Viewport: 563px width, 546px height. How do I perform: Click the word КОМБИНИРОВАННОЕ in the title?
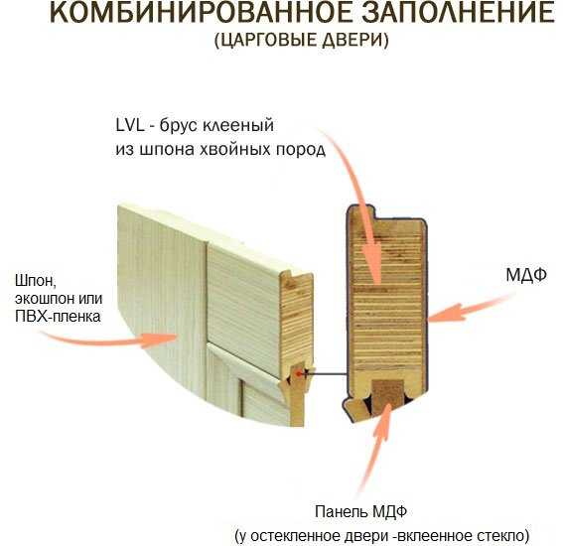[x=202, y=13]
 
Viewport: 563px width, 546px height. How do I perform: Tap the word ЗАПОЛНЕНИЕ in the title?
[x=459, y=13]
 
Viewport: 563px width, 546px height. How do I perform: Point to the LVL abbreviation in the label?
[x=130, y=125]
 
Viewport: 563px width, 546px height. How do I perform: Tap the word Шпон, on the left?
[x=36, y=281]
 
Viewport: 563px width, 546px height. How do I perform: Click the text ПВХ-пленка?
[x=58, y=317]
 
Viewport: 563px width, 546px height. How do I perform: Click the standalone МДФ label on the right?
[x=526, y=275]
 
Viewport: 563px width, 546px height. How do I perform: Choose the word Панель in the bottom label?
[x=340, y=511]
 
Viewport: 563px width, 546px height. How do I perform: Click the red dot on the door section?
[x=298, y=373]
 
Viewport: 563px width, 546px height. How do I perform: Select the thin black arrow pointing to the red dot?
[x=325, y=373]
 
